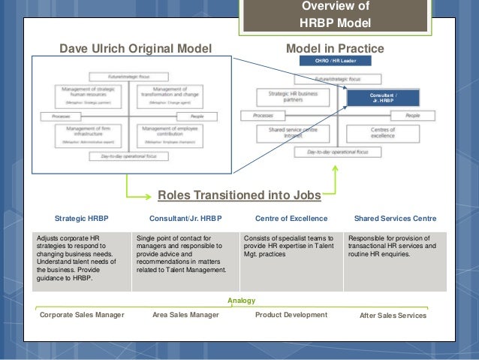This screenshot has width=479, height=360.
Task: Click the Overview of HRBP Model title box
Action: point(335,15)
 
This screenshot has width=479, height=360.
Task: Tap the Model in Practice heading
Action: point(335,49)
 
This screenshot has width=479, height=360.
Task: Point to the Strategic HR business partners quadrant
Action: point(283,96)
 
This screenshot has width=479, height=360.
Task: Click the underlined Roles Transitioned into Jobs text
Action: point(239,195)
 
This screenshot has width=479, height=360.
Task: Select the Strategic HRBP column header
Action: point(82,219)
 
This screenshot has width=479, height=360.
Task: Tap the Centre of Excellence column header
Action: point(291,219)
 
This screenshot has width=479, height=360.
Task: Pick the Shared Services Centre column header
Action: point(395,219)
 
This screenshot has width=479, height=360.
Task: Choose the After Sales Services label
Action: point(393,316)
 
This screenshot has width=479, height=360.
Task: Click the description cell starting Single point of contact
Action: point(184,259)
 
